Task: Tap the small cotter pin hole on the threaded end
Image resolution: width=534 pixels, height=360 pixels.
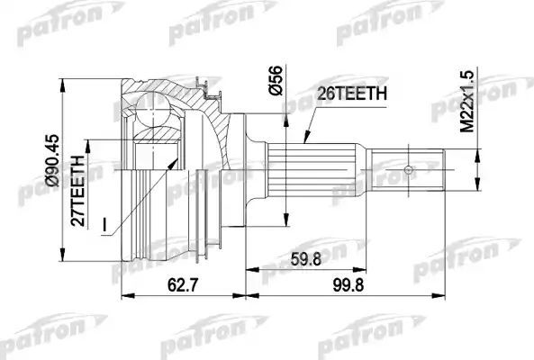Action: coord(409,169)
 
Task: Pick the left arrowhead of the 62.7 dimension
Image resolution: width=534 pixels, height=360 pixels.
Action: coord(123,295)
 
